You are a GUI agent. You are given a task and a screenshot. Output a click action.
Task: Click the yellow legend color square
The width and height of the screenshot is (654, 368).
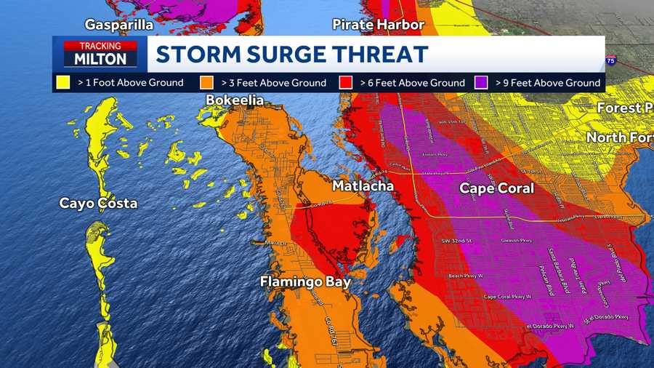click(x=63, y=82)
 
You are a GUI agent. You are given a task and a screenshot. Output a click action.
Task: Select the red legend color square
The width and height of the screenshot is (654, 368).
click(x=347, y=82)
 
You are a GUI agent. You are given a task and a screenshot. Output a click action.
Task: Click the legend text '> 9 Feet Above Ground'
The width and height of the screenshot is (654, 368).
click(x=548, y=83)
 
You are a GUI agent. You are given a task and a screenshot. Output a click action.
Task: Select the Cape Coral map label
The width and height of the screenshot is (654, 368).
click(x=496, y=188)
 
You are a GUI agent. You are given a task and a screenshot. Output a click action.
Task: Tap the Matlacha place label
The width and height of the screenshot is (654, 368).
click(x=363, y=186)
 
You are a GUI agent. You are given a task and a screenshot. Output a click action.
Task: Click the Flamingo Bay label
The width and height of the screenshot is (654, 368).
click(x=306, y=281)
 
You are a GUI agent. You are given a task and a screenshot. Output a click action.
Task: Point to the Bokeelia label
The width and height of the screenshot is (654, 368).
click(x=235, y=100)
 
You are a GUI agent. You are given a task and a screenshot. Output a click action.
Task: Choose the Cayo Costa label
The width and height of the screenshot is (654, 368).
click(x=98, y=203)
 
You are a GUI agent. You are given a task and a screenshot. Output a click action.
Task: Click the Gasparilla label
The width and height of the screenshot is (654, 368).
click(x=119, y=25)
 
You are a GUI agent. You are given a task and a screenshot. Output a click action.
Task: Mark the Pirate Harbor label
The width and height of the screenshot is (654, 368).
click(x=378, y=25)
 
